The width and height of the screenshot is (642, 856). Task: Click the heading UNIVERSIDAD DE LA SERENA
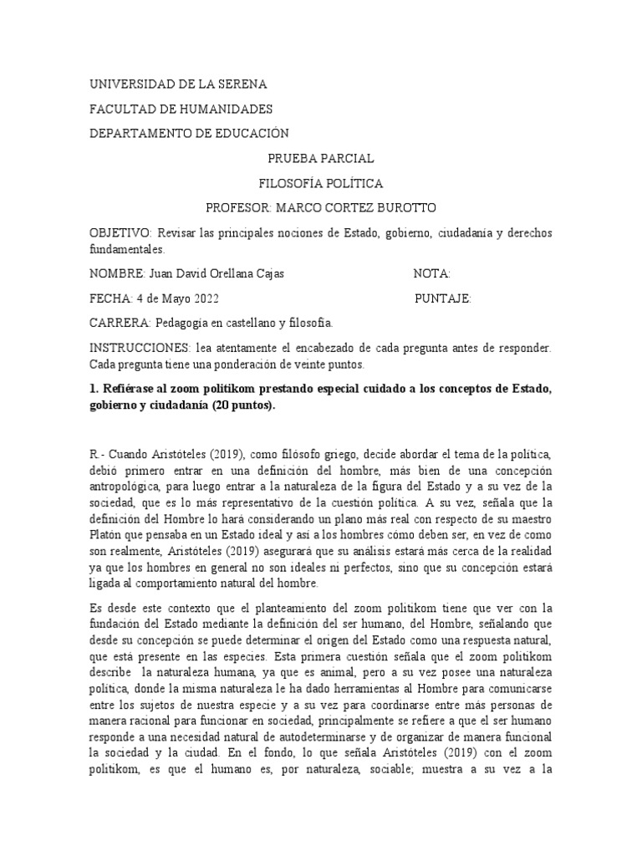click(178, 85)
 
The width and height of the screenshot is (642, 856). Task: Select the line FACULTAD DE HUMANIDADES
click(181, 110)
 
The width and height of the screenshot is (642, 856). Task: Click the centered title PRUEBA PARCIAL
click(320, 159)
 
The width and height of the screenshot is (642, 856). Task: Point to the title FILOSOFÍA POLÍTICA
click(320, 183)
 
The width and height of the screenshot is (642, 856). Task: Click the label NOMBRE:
click(117, 273)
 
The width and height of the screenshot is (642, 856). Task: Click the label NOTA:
click(432, 273)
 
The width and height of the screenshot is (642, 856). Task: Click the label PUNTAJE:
click(443, 298)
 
